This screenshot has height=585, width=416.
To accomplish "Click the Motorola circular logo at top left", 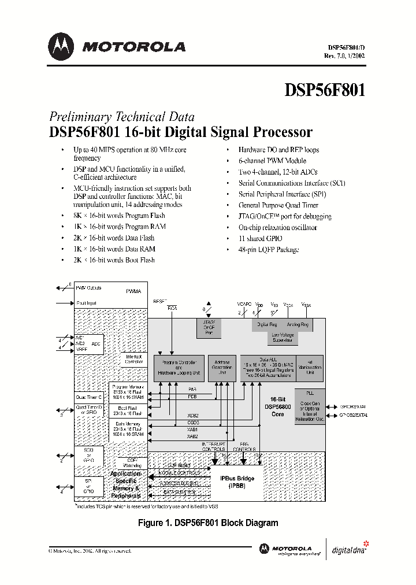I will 62,46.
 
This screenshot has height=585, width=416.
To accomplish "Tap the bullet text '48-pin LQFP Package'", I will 268,249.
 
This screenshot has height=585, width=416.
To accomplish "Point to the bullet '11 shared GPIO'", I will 261,238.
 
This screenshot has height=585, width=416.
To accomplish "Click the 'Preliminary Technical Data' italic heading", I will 121,116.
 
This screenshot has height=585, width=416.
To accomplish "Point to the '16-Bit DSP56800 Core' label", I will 277,406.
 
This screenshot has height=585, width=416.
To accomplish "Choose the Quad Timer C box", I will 89,397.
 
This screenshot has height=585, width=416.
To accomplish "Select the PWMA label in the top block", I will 133,292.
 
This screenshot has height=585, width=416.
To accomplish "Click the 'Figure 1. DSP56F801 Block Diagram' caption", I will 208,523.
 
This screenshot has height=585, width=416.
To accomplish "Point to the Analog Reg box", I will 298,325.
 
